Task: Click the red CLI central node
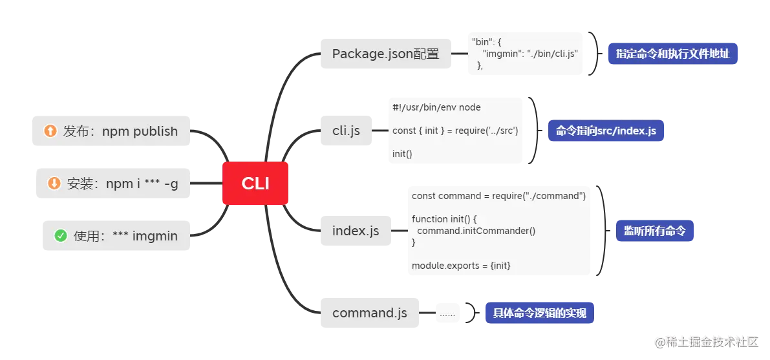(255, 184)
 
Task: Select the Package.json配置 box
(385, 54)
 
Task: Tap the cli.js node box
(346, 131)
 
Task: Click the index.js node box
(356, 231)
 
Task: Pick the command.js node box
(369, 313)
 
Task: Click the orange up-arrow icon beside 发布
(50, 131)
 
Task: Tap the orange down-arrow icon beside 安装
(54, 184)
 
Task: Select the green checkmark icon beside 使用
(61, 236)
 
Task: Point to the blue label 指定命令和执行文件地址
(672, 54)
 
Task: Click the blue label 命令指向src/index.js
(606, 131)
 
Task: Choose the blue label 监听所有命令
(654, 231)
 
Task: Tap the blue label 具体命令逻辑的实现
(539, 313)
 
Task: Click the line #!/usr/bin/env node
(436, 107)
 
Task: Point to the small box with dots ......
(447, 313)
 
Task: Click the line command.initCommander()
(476, 231)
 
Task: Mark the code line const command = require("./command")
(498, 196)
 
